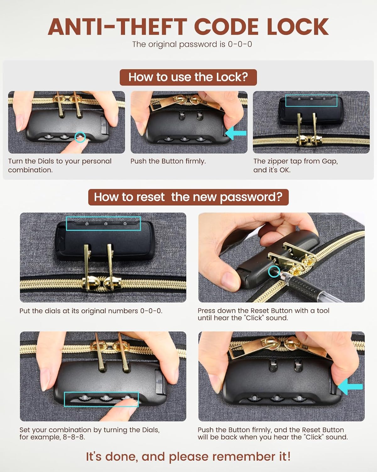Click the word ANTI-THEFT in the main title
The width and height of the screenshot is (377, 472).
117,27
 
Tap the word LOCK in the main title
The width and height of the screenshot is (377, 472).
298,27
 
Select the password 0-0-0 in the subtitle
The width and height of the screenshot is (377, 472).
240,44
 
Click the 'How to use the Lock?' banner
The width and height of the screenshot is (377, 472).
188,77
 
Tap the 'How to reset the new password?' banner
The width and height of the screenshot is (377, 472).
188,197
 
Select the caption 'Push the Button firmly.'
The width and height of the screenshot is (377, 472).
168,161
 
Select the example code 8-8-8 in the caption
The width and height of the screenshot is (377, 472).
74,437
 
